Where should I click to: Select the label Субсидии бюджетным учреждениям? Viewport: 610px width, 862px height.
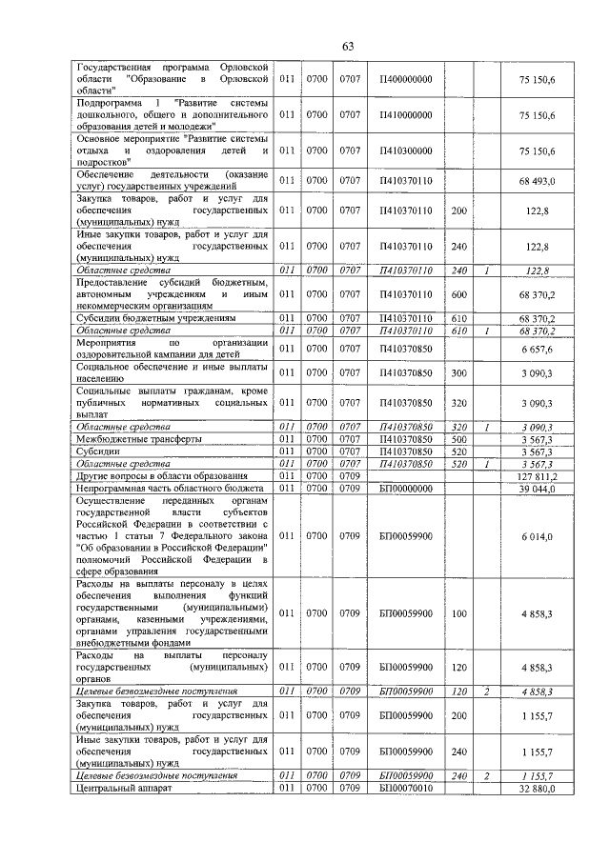point(156,318)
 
